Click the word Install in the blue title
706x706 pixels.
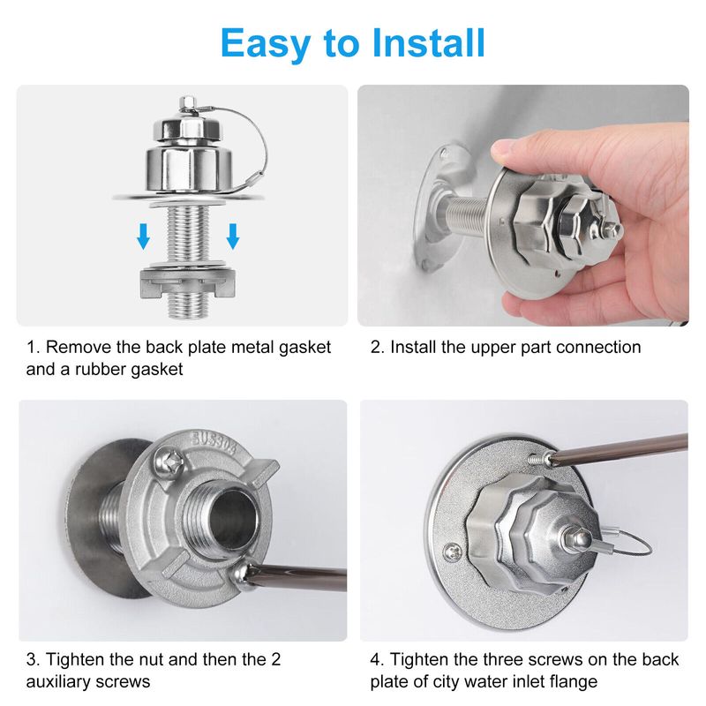click(429, 42)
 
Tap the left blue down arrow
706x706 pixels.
click(143, 237)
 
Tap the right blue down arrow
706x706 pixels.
click(233, 237)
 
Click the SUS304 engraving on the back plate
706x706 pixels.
click(214, 439)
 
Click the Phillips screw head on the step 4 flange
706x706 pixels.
click(452, 552)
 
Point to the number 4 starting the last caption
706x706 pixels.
click(375, 659)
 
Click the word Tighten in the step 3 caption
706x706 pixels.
click(75, 659)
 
